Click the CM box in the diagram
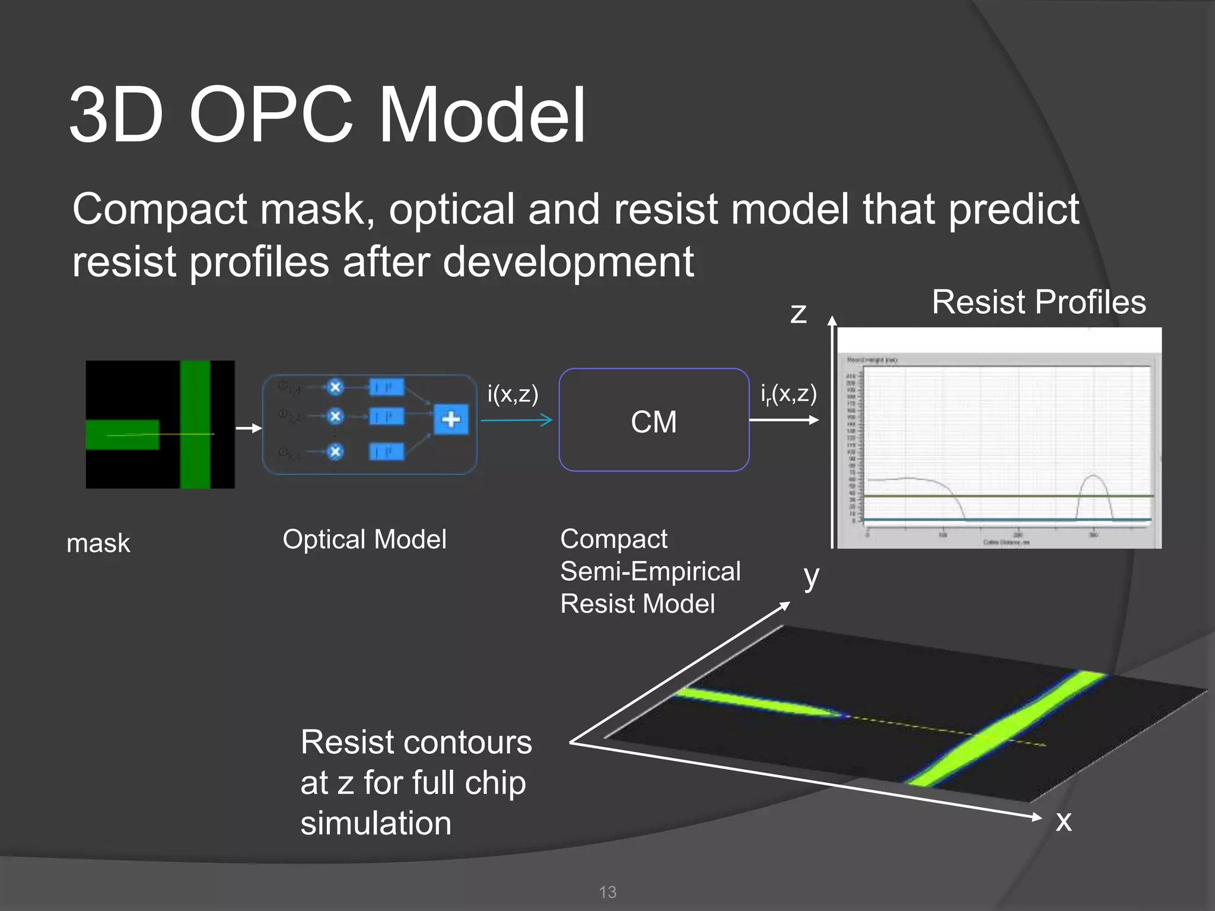pyautogui.click(x=654, y=421)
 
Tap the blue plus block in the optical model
pyautogui.click(x=451, y=419)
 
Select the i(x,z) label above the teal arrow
pyautogui.click(x=513, y=394)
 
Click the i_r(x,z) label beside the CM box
pyautogui.click(x=788, y=394)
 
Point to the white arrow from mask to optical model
pyautogui.click(x=249, y=428)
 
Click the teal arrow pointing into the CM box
pyautogui.click(x=516, y=421)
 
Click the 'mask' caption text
pyautogui.click(x=98, y=543)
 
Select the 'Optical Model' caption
pyautogui.click(x=364, y=540)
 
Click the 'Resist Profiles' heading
pyautogui.click(x=1038, y=302)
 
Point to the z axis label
pyautogui.click(x=799, y=313)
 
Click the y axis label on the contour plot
pyautogui.click(x=811, y=576)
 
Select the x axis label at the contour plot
pyautogui.click(x=1064, y=821)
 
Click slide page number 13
pyautogui.click(x=607, y=892)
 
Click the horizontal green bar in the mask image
pyautogui.click(x=122, y=435)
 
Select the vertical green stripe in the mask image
pyautogui.click(x=195, y=424)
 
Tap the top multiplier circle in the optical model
pyautogui.click(x=335, y=387)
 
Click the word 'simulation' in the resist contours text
pyautogui.click(x=376, y=823)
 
